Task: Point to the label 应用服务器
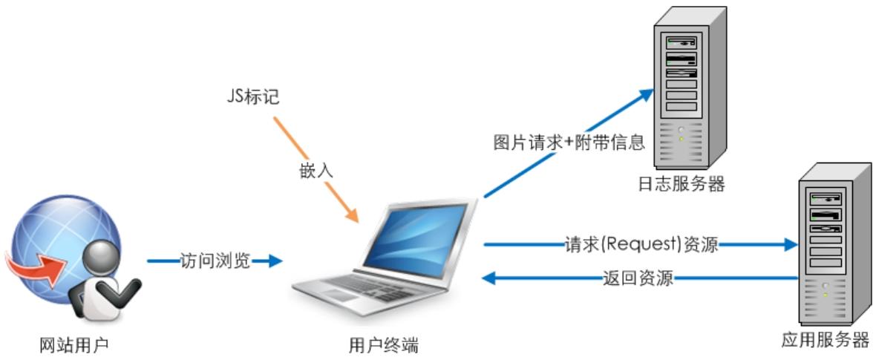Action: (x=826, y=340)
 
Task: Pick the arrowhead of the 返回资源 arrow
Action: (x=490, y=279)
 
